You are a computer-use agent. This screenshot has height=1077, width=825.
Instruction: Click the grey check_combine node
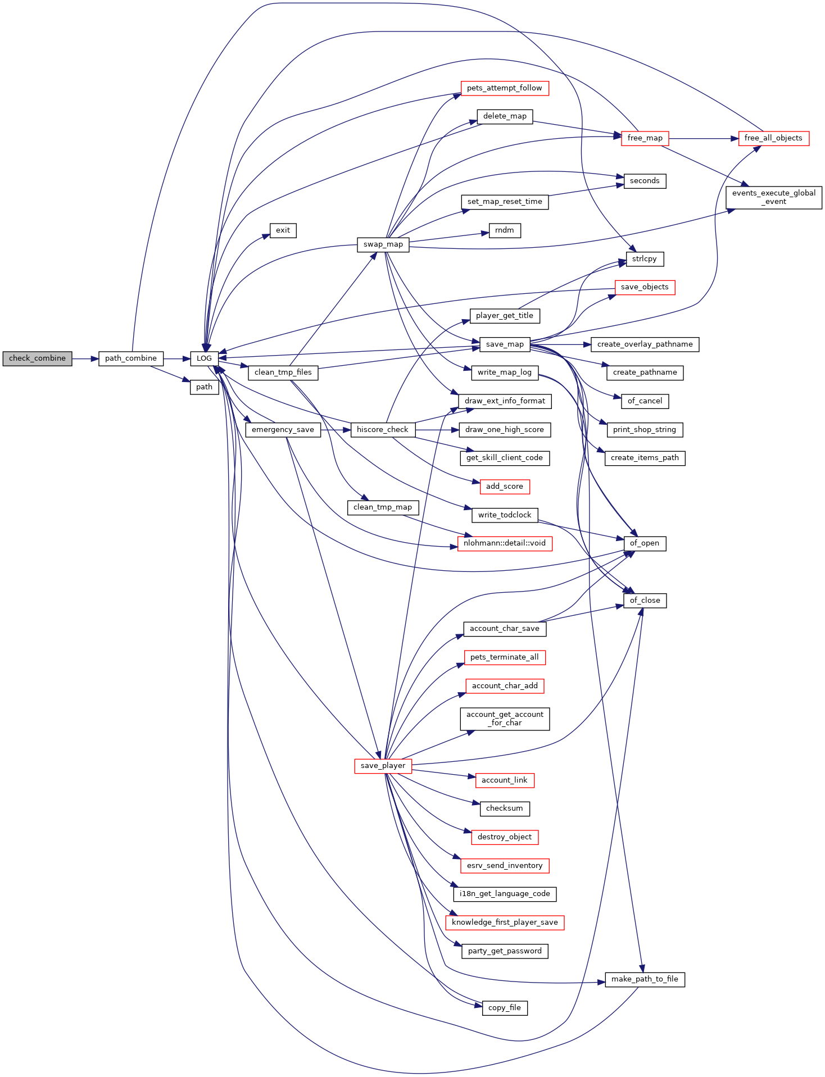pos(37,358)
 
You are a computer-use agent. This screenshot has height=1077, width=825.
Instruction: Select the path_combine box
pos(131,358)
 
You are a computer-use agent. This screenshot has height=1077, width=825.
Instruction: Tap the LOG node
pos(204,358)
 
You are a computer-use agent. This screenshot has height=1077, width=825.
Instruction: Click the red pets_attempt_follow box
pos(504,88)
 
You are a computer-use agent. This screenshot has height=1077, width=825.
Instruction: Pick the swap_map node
pos(383,244)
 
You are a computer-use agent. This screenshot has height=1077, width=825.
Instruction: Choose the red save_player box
pos(383,766)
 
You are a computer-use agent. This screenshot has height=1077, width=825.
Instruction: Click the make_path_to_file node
pos(645,979)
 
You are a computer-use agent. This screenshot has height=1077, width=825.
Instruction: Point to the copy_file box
pos(504,1008)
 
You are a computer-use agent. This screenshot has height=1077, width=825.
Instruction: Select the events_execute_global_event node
pos(773,197)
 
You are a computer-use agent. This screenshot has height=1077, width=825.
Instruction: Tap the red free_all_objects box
pos(773,138)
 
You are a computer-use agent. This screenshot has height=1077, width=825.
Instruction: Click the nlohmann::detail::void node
pos(504,543)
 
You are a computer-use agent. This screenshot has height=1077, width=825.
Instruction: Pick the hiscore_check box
pos(382,430)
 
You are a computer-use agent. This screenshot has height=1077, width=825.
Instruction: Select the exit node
pos(283,230)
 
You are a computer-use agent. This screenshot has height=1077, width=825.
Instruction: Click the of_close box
pos(645,601)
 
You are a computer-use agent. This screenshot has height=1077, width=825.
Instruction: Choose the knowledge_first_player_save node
pos(504,923)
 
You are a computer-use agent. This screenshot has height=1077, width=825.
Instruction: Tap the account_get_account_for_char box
pos(504,719)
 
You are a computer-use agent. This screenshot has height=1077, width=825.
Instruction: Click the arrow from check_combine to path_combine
pos(85,358)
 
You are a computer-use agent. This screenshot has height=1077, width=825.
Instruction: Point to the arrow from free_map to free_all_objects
pos(703,138)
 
